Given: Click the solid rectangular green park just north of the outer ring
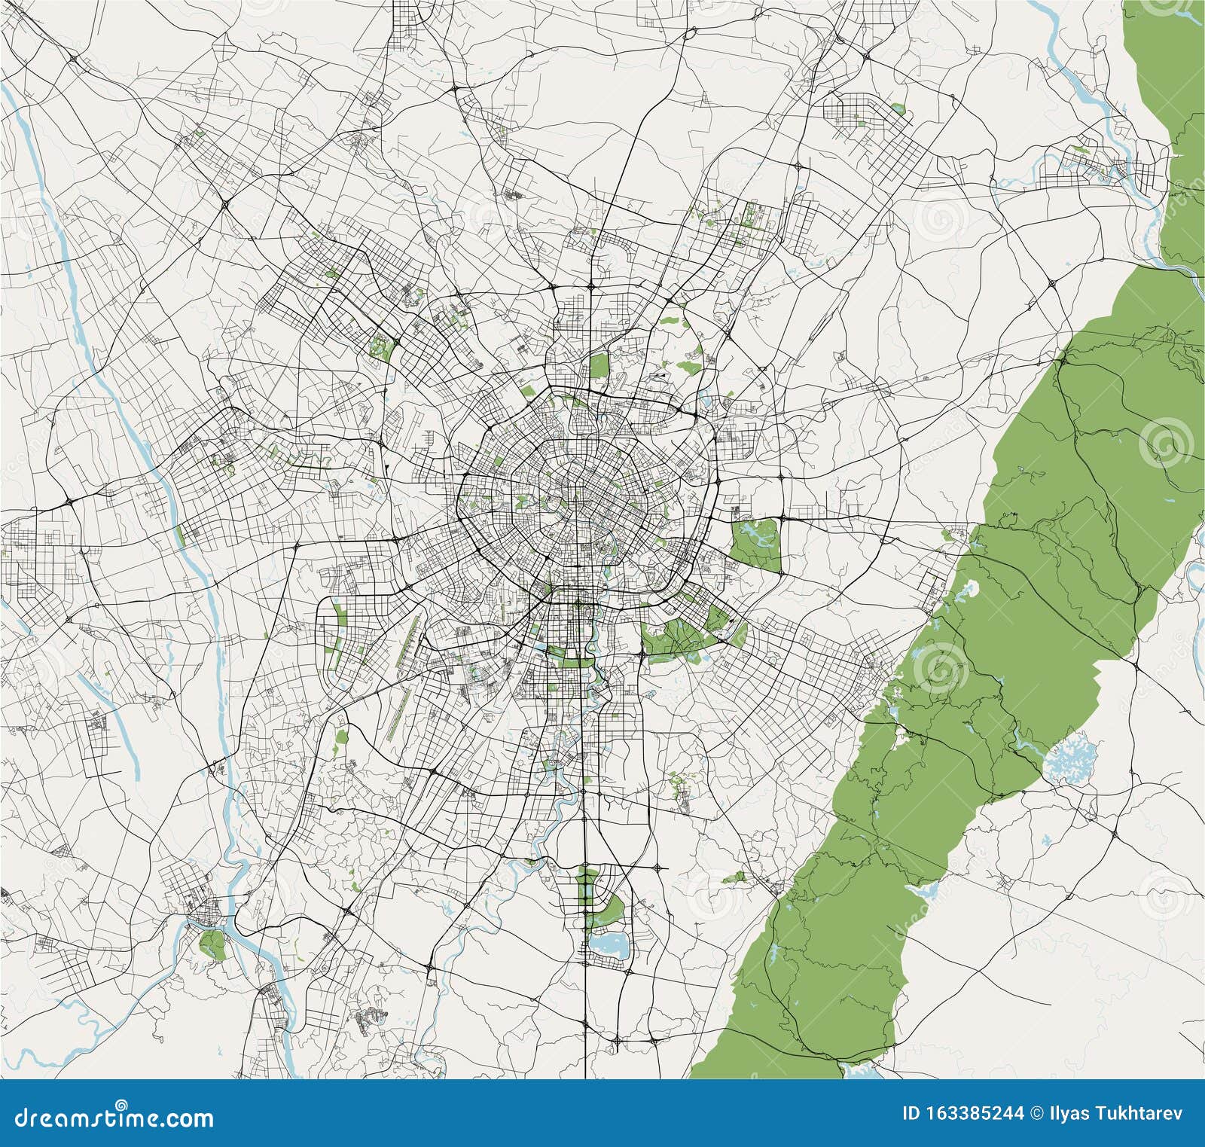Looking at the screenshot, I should [599, 366].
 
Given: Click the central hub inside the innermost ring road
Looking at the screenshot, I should [574, 497].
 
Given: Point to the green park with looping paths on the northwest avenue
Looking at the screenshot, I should [382, 347].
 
